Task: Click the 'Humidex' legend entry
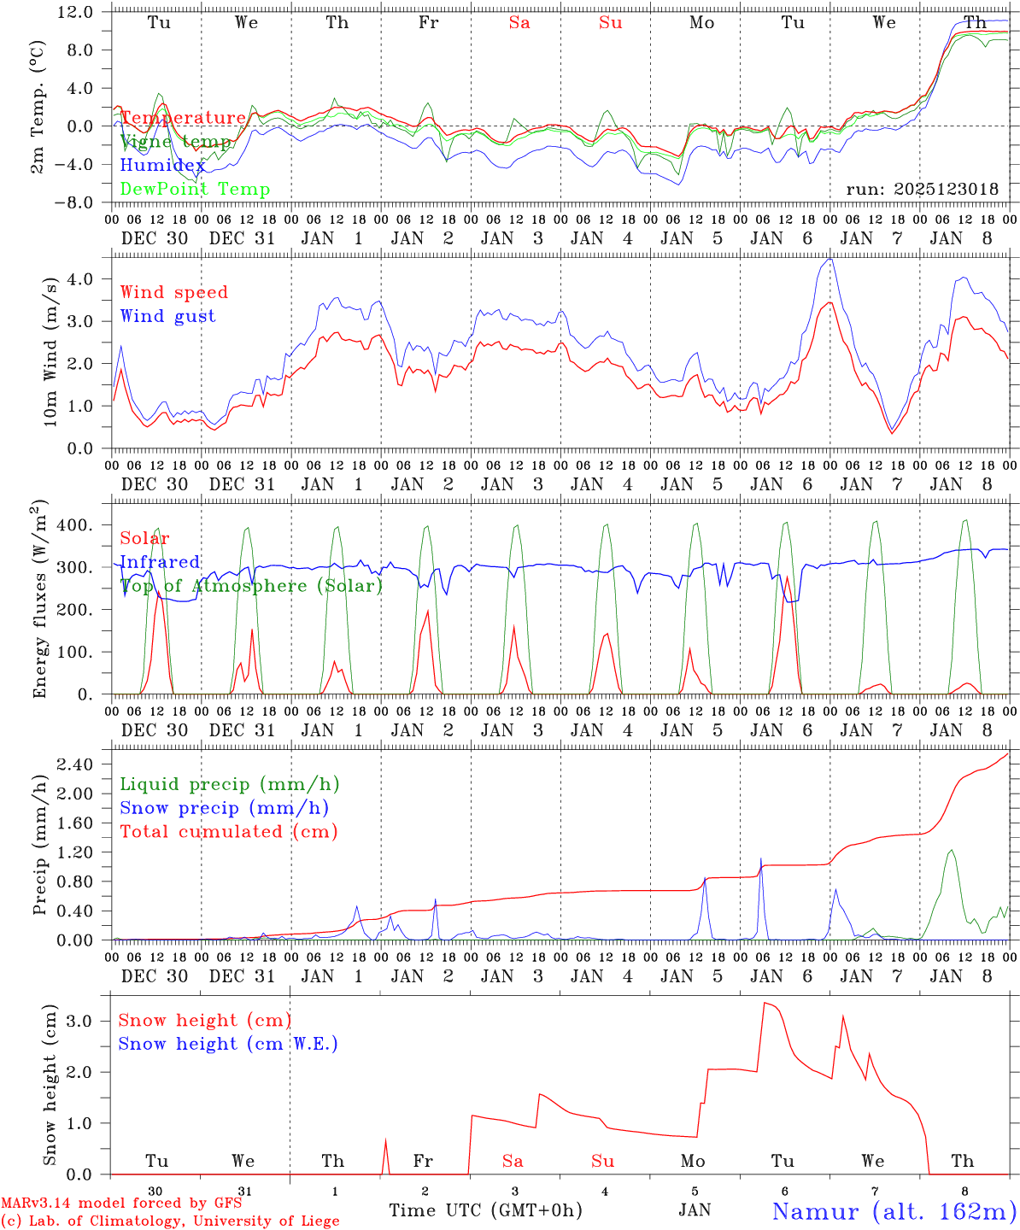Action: pos(162,166)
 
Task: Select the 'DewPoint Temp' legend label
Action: pos(195,190)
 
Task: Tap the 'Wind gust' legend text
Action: pos(167,316)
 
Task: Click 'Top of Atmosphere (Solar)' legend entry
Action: pos(251,586)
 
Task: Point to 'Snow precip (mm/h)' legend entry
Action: pos(224,808)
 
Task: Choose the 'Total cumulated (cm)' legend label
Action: pos(228,831)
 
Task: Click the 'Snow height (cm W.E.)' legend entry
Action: pos(228,1044)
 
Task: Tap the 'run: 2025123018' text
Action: pos(922,190)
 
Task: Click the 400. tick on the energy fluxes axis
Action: pos(75,524)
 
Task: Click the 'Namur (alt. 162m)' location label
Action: pos(894,1211)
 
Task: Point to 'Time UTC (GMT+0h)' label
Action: pos(485,1210)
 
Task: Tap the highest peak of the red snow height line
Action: pos(765,1003)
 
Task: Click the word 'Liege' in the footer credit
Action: pos(318,1221)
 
